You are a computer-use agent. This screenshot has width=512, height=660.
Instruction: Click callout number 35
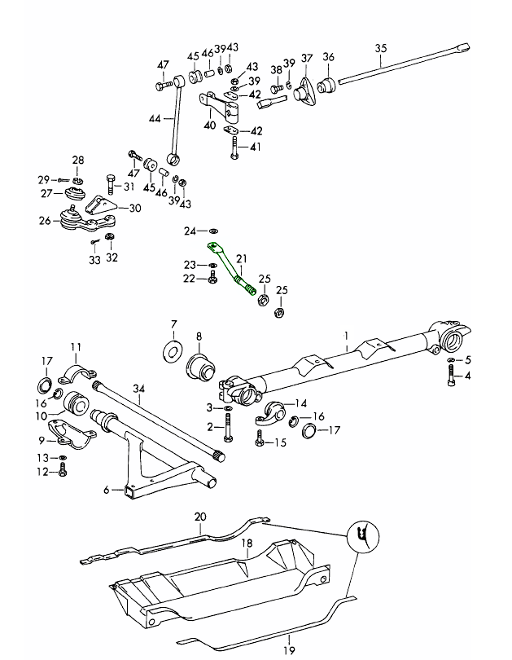pyautogui.click(x=380, y=49)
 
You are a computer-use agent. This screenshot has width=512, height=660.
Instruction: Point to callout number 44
pyautogui.click(x=154, y=118)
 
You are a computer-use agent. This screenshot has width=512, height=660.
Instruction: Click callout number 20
pyautogui.click(x=200, y=516)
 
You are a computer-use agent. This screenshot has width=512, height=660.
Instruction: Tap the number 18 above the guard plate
pyautogui.click(x=245, y=542)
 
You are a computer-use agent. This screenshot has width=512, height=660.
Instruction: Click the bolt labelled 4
pyautogui.click(x=450, y=376)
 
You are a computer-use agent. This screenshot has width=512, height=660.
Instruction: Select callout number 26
pyautogui.click(x=44, y=219)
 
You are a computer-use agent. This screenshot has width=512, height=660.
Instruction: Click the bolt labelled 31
pyautogui.click(x=111, y=184)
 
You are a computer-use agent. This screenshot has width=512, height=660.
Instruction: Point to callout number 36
pyautogui.click(x=329, y=57)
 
